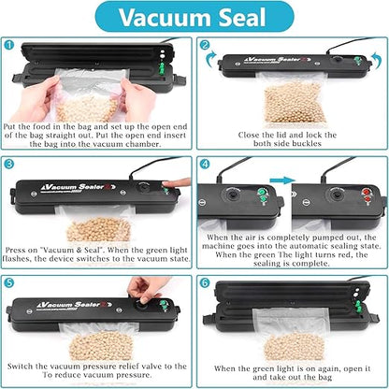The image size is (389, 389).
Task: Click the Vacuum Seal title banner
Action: (194, 18)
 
